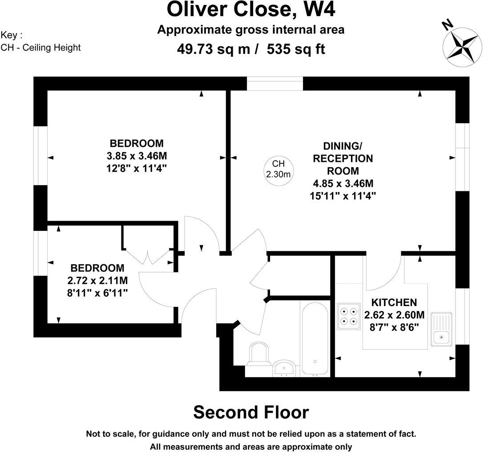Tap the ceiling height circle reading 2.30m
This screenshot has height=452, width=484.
tap(278, 170)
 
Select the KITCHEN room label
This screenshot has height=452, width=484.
tap(394, 302)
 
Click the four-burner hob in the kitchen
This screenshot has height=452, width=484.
tap(349, 316)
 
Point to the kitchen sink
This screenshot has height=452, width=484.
tap(442, 329)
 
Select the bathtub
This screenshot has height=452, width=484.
tap(315, 339)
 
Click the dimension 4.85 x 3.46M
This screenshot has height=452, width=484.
tap(343, 183)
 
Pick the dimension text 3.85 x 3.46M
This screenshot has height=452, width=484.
tap(137, 156)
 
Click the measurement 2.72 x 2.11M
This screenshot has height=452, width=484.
tap(97, 280)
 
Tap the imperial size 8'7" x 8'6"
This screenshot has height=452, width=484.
tap(394, 327)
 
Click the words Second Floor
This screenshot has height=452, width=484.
tap(251, 412)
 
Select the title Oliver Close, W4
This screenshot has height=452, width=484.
tap(250, 10)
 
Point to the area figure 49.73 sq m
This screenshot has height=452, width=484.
tap(214, 49)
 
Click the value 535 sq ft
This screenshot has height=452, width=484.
tap(296, 49)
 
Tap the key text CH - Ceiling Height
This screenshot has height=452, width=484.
tap(40, 48)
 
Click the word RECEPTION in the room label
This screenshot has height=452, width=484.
tap(343, 158)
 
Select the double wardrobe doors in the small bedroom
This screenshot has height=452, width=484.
tap(148, 257)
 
